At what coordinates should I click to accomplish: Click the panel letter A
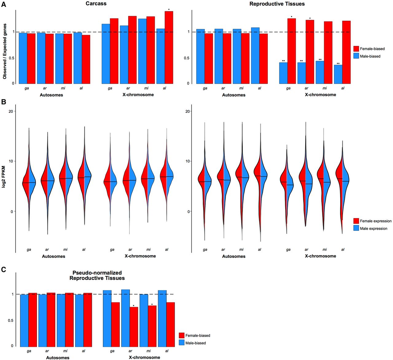click(4, 4)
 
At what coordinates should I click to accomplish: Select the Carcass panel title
click(96, 4)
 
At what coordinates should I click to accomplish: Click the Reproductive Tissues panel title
click(277, 4)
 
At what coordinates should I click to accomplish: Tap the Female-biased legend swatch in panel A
click(356, 49)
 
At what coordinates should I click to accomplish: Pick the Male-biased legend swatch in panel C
click(182, 343)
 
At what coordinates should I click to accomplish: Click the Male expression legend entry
click(373, 228)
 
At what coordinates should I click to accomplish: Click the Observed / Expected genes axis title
click(5, 52)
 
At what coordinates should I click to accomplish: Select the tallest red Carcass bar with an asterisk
click(169, 47)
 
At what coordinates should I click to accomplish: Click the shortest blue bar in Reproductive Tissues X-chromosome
click(338, 74)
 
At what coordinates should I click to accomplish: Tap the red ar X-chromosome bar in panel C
click(134, 326)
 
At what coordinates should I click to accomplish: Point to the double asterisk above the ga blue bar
click(283, 61)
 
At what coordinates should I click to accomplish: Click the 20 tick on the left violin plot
click(11, 111)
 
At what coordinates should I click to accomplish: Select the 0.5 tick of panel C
click(11, 320)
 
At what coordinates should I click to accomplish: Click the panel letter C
click(4, 270)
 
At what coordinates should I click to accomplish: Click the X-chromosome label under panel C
click(144, 357)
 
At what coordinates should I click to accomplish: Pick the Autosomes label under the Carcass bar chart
click(51, 95)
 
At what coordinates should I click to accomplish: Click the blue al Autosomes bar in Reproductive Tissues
click(255, 56)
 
